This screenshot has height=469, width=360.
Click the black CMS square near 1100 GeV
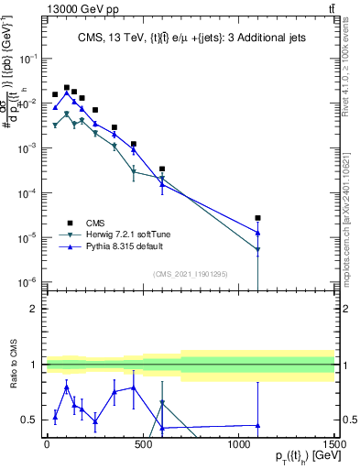pos(258,218)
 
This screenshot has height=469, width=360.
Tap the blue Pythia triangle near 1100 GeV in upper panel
pos(258,233)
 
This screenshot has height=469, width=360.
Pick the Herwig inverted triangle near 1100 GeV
pos(258,249)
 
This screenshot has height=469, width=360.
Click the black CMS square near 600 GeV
pos(162,169)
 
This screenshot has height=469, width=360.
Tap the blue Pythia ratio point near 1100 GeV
pos(258,425)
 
